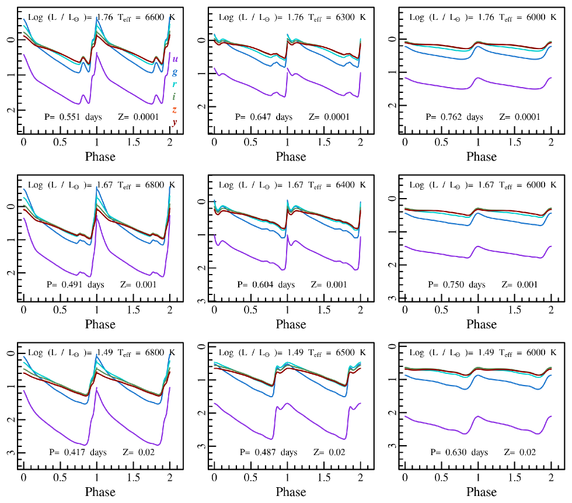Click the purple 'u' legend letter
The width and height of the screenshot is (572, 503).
pos(175,59)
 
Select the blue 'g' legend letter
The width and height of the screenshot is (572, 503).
pos(175,72)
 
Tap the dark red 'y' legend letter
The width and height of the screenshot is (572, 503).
pos(175,122)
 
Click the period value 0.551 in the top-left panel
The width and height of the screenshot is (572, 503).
pos(71,117)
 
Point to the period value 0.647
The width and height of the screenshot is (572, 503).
pos(261,117)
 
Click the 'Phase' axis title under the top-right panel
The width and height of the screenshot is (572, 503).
pos(482,157)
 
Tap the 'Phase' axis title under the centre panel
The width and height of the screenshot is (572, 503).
pos(291,324)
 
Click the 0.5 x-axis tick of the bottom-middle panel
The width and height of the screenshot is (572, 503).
pos(251,477)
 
